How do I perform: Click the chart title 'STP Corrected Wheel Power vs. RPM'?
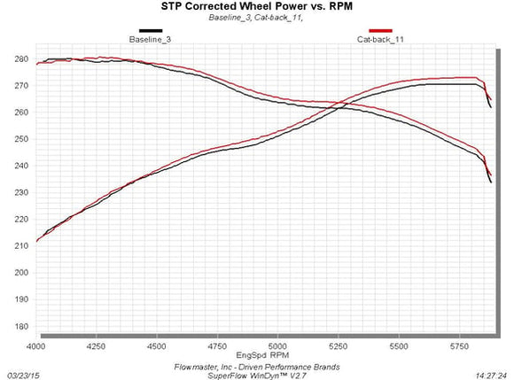(257, 6)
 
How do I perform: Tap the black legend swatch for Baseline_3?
(151, 31)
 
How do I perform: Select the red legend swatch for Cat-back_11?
(380, 31)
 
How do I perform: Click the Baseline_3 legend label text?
(150, 40)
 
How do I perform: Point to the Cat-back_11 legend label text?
(380, 40)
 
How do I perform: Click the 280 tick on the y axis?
(21, 59)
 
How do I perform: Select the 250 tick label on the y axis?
(21, 139)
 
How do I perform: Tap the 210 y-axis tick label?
(21, 245)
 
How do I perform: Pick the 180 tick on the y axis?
(21, 326)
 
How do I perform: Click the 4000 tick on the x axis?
(36, 346)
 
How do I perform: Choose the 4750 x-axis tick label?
(217, 346)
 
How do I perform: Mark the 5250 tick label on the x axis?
(338, 346)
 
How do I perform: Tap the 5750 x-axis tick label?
(459, 346)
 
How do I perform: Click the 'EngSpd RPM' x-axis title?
(262, 355)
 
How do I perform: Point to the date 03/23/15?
(23, 376)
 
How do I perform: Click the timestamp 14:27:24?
(491, 376)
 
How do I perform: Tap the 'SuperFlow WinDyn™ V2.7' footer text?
(257, 376)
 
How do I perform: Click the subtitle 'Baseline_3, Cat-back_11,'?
(256, 18)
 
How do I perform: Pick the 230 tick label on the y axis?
(21, 192)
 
